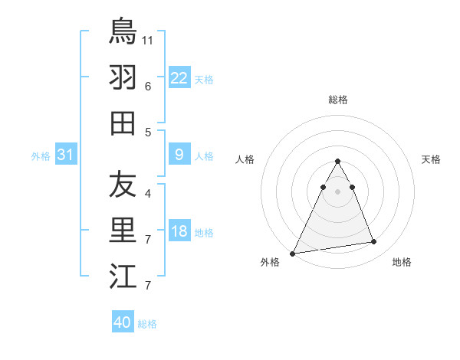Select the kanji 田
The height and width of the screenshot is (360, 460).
point(123,123)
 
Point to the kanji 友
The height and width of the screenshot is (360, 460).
point(123,185)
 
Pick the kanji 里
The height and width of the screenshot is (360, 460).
point(123,231)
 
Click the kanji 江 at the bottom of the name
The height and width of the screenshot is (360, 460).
point(123,277)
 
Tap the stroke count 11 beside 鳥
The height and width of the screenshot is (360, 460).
point(148,39)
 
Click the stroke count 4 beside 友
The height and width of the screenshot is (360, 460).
point(147,193)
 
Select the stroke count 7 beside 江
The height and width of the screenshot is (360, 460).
point(147,286)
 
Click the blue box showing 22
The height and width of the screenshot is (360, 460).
point(179,78)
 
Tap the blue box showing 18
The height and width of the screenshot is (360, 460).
point(179,232)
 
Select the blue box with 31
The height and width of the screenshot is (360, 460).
point(65,155)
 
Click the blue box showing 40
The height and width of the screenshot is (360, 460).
point(122,322)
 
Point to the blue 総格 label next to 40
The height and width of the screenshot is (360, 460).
point(147,324)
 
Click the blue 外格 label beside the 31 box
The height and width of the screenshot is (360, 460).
point(41,156)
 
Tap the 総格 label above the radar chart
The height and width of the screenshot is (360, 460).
point(338,100)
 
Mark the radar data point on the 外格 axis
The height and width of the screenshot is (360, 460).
point(293,253)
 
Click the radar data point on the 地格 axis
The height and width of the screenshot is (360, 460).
point(374,242)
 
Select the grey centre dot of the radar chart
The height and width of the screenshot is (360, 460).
point(337,191)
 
